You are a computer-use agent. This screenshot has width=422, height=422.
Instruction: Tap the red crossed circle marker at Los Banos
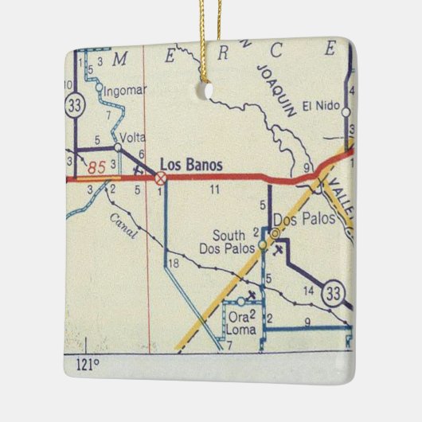(161, 178)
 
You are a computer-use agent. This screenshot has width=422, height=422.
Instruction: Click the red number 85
(97, 168)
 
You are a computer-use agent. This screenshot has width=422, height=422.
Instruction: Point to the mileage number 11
(214, 190)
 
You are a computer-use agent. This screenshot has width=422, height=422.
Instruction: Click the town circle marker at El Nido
(346, 113)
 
